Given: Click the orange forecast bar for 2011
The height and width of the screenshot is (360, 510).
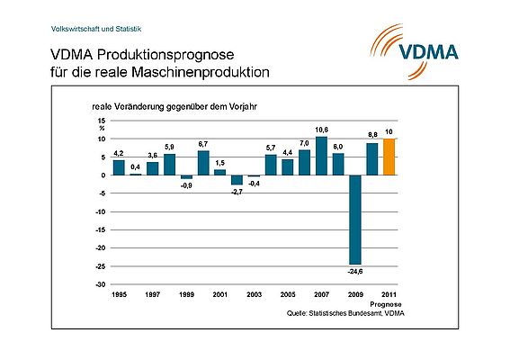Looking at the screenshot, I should pyautogui.click(x=389, y=157).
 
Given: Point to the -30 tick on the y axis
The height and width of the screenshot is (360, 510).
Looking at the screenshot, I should pyautogui.click(x=100, y=284).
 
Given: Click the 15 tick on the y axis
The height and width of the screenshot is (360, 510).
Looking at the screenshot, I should pyautogui.click(x=101, y=120).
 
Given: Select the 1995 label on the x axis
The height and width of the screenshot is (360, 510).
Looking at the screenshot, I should pyautogui.click(x=118, y=294).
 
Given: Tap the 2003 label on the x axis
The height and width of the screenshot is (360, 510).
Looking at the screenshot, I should pyautogui.click(x=254, y=294).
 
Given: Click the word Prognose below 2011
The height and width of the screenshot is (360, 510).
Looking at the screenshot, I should pyautogui.click(x=389, y=304).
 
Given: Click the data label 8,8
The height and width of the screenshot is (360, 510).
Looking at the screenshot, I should pyautogui.click(x=372, y=135).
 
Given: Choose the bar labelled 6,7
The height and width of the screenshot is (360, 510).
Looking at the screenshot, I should pyautogui.click(x=203, y=163).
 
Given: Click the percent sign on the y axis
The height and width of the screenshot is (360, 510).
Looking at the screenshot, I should pyautogui.click(x=102, y=129).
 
